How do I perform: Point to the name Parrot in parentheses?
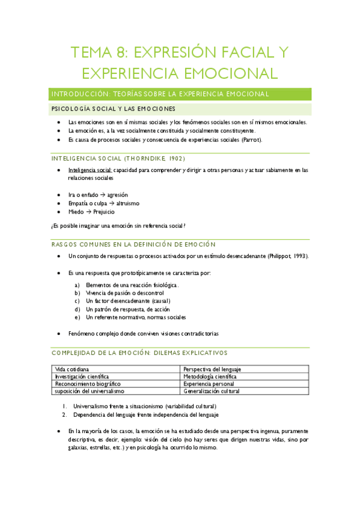(250, 140)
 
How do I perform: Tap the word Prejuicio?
(103, 212)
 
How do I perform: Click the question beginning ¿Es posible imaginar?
(117, 226)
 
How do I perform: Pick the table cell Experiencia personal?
(207, 383)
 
